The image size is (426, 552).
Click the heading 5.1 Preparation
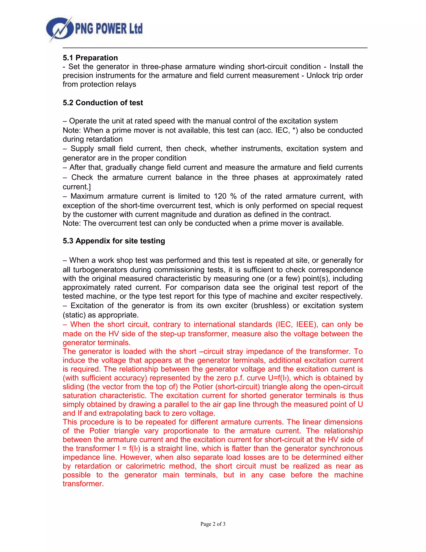[90, 58]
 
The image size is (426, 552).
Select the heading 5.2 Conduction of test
[103, 103]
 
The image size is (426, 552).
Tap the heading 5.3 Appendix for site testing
[114, 241]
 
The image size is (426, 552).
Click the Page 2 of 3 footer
[213, 524]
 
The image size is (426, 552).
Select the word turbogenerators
[100, 270]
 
